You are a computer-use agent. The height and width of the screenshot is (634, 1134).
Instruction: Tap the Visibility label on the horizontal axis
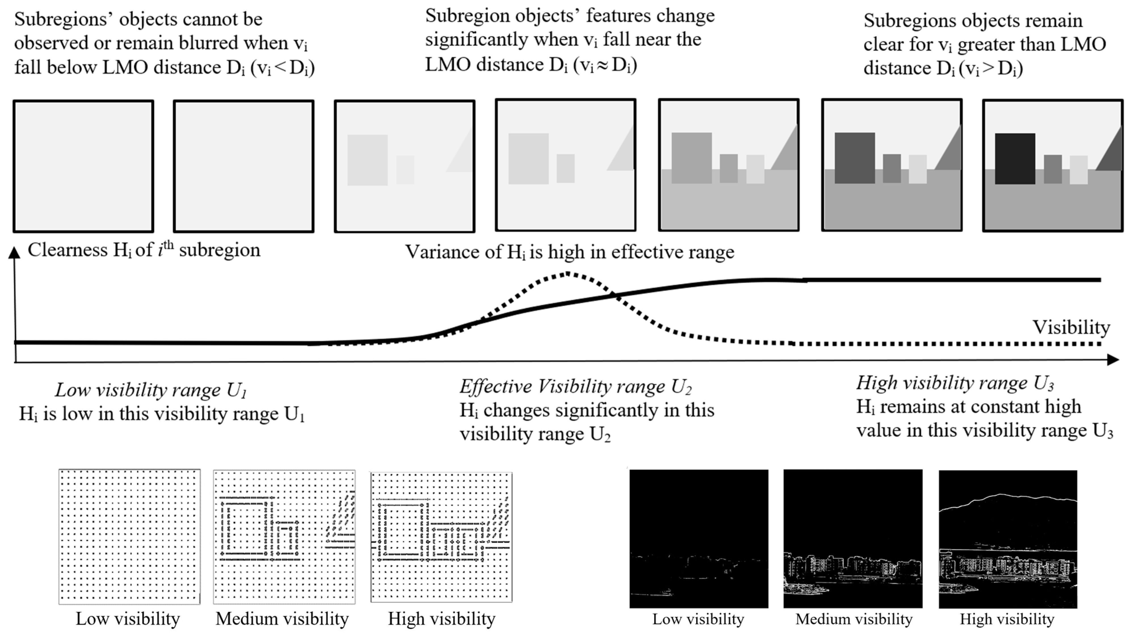coord(1071,327)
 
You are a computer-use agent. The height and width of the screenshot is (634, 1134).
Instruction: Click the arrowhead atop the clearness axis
coord(14,252)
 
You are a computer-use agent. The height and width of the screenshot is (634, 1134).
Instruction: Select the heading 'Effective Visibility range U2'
coord(575,386)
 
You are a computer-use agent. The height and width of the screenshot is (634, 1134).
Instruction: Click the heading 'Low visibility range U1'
coord(151,390)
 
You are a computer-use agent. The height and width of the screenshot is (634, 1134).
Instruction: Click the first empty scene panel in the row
coord(83,166)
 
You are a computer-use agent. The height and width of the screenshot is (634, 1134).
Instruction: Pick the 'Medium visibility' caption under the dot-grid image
coord(282,619)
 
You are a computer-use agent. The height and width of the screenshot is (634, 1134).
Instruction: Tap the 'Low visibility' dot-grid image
coord(129,536)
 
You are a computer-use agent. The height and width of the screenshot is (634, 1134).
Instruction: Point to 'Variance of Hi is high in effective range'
coord(569,252)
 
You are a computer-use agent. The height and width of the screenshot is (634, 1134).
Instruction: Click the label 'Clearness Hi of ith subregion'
coord(144,250)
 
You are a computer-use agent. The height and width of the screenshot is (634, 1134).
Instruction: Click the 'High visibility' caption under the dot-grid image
coord(442,619)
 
